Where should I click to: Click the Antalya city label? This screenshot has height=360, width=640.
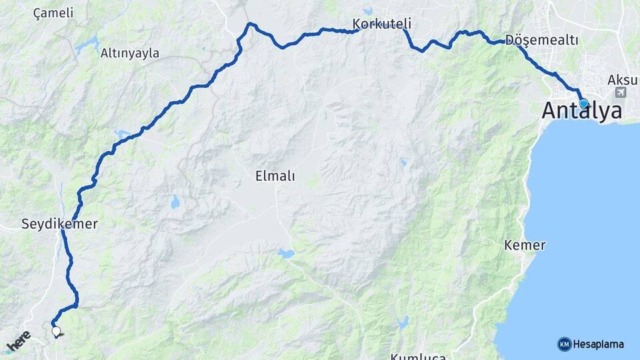pos(581,111)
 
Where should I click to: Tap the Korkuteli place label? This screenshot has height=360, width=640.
pos(382,25)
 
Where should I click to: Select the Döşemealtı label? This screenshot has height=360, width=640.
pos(541,40)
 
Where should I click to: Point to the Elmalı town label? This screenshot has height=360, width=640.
pos(275,177)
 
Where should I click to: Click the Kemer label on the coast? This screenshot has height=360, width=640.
pos(525,245)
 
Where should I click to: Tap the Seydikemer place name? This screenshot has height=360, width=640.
pos(59,225)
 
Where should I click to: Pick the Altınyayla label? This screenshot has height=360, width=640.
pos(130,53)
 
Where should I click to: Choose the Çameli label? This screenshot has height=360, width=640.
pos(53,13)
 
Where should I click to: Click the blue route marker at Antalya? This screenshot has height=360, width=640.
pos(583,103)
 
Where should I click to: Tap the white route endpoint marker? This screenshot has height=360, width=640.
pos(56,331)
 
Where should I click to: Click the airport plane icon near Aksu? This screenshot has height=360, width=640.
pos(621,92)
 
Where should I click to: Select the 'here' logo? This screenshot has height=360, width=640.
pos(19,341)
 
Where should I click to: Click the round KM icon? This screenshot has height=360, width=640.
pos(564,344)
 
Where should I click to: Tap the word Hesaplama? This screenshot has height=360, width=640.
pos(599,345)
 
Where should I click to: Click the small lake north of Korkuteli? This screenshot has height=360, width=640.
pos(368,11)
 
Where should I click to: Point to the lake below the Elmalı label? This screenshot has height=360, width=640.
pos(286,254)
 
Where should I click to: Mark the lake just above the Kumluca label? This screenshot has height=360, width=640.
pos(402,323)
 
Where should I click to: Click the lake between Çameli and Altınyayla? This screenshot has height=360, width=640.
pos(87,45)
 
